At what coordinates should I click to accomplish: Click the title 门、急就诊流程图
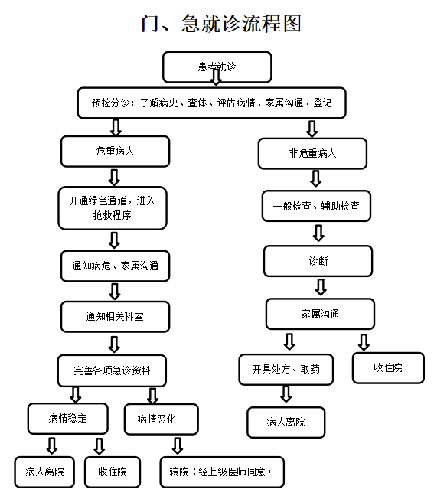(221, 23)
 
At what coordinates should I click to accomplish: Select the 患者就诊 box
(217, 67)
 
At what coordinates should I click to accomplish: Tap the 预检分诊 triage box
(210, 103)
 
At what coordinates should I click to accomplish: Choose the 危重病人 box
(115, 151)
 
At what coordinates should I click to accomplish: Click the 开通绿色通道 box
(113, 207)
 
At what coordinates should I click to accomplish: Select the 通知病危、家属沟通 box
(115, 266)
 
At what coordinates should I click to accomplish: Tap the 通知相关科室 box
(115, 316)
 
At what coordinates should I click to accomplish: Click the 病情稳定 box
(68, 419)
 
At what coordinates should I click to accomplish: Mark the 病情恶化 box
(161, 419)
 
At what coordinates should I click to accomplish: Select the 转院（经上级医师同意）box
(221, 472)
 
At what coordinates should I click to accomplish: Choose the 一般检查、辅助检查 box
(316, 206)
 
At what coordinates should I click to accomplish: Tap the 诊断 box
(318, 261)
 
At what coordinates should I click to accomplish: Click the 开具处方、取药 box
(286, 369)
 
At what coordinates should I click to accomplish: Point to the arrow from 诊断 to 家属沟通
(321, 287)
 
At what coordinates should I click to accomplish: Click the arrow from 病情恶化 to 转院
(178, 445)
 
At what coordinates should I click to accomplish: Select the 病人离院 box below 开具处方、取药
(286, 422)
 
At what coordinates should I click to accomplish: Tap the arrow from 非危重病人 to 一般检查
(315, 178)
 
